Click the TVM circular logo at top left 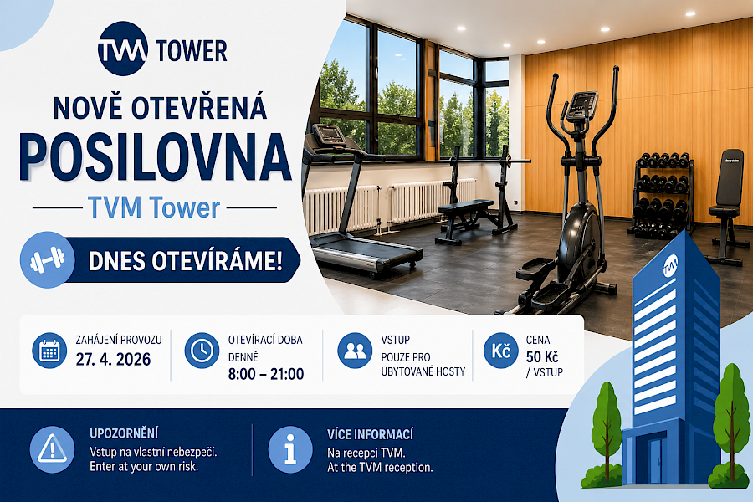(x=122, y=49)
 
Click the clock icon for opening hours (x=202, y=351)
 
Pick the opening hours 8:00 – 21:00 (x=265, y=374)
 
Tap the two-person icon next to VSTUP (x=355, y=351)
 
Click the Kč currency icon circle (x=501, y=351)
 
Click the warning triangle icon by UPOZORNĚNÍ (x=52, y=449)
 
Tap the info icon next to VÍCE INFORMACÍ (x=290, y=449)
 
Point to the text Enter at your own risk (x=143, y=467)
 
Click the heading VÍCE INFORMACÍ (x=370, y=434)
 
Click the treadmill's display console (x=328, y=134)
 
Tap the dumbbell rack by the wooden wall (x=661, y=192)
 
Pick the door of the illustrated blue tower (x=653, y=461)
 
